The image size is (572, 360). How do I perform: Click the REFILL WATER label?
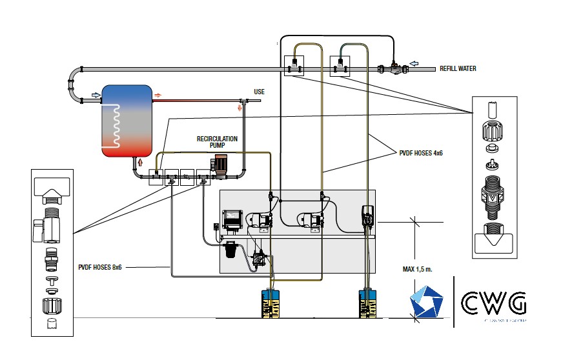[x=458, y=68]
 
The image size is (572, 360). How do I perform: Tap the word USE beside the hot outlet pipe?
[x=259, y=92]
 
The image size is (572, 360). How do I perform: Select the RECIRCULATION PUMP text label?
[x=217, y=142]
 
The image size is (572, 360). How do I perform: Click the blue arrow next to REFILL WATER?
[x=415, y=63]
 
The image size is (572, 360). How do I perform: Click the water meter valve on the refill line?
[x=391, y=67]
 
